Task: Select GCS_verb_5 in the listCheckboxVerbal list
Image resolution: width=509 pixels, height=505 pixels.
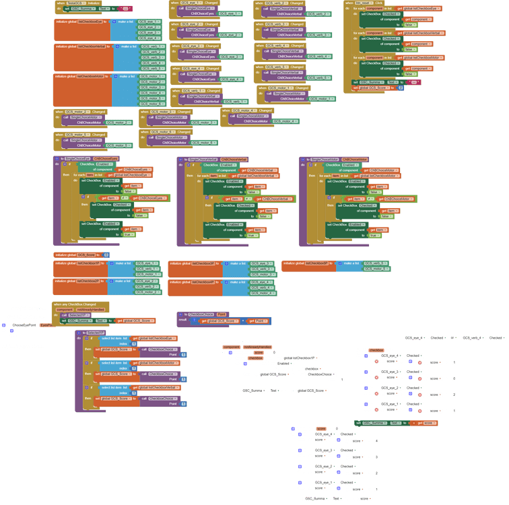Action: coord(152,68)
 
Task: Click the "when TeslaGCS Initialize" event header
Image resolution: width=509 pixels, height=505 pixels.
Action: coord(78,3)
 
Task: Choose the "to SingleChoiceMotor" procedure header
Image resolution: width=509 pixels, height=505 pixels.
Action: coord(330,160)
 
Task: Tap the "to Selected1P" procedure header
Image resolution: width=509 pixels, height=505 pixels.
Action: coord(94,333)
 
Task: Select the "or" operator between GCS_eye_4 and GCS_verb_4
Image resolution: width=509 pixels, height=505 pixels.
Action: coord(453,338)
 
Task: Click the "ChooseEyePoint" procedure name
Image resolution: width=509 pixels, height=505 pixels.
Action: coord(24,325)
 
